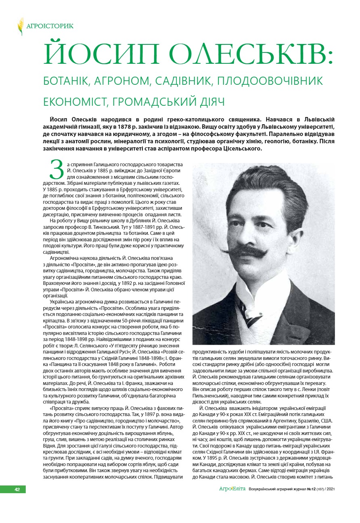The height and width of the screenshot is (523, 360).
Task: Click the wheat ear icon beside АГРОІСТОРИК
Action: [21, 26]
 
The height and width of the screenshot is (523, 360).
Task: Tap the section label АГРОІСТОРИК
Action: [50, 27]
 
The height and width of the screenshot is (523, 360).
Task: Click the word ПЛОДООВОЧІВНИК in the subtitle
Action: [270, 81]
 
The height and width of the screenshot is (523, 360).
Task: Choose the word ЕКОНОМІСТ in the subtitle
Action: [75, 101]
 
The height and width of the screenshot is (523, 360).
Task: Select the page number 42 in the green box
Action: [17, 489]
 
